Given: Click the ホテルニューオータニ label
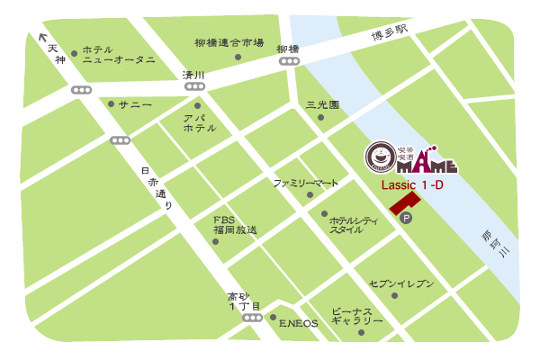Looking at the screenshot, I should (118, 55).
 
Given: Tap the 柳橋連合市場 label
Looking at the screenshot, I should (229, 42).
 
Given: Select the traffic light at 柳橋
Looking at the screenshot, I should (290, 61).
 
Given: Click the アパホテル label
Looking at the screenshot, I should (199, 123).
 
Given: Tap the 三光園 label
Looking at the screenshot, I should (321, 104).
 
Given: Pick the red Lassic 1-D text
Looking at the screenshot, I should (412, 184).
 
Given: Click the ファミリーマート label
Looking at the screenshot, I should (306, 183).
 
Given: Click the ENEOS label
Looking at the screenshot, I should (298, 323).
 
